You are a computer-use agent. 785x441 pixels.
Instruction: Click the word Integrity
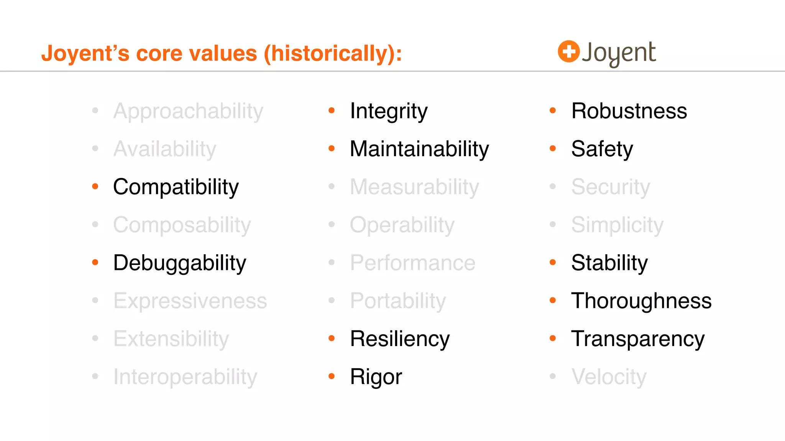click(388, 111)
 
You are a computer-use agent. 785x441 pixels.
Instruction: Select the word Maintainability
click(419, 149)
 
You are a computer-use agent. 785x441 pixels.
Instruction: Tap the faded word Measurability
click(414, 187)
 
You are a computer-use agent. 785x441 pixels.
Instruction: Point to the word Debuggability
click(179, 263)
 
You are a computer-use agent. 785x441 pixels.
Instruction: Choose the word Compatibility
click(176, 187)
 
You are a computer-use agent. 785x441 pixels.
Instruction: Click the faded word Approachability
click(188, 111)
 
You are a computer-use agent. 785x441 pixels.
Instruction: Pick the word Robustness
click(629, 111)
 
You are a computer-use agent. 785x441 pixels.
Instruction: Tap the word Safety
click(602, 149)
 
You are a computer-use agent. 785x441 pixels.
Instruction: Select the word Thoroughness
click(641, 301)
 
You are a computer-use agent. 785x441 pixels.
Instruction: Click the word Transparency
click(637, 339)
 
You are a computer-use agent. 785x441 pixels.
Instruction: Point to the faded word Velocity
click(609, 377)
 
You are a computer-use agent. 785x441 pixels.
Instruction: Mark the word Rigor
click(376, 377)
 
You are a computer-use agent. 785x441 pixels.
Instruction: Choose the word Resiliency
click(399, 339)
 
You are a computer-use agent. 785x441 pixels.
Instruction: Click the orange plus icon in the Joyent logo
click(568, 51)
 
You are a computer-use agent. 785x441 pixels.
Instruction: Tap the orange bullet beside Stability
click(553, 263)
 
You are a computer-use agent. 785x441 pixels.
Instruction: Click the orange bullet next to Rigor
click(332, 377)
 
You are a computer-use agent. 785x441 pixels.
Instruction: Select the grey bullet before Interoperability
click(95, 377)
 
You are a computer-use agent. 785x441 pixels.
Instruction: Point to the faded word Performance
click(412, 263)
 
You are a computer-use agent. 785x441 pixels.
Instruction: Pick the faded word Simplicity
click(617, 225)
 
